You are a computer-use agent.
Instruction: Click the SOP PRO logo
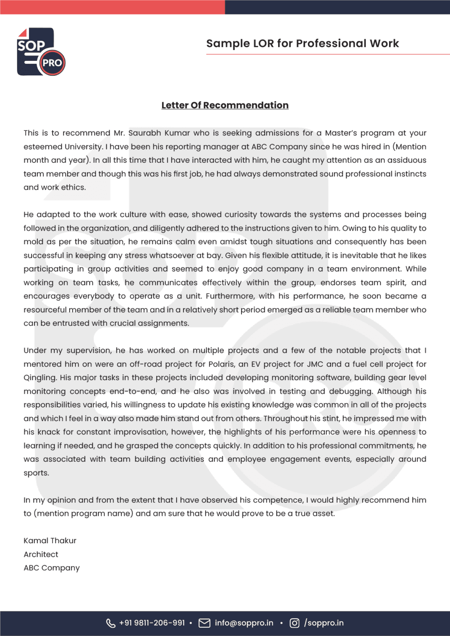pyautogui.click(x=41, y=52)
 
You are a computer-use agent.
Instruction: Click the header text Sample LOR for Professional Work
pyautogui.click(x=302, y=43)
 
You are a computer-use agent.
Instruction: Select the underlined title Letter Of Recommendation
pyautogui.click(x=225, y=105)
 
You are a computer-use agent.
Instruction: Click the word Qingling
pyautogui.click(x=40, y=378)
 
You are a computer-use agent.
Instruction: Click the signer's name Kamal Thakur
pyautogui.click(x=50, y=541)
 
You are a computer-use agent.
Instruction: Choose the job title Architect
pyautogui.click(x=41, y=554)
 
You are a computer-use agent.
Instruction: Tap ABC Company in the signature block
pyautogui.click(x=52, y=568)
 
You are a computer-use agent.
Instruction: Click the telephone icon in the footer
pyautogui.click(x=111, y=623)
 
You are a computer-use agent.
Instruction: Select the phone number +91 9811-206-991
pyautogui.click(x=152, y=623)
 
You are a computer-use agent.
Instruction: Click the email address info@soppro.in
pyautogui.click(x=244, y=623)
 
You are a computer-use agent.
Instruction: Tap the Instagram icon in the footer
pyautogui.click(x=294, y=623)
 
